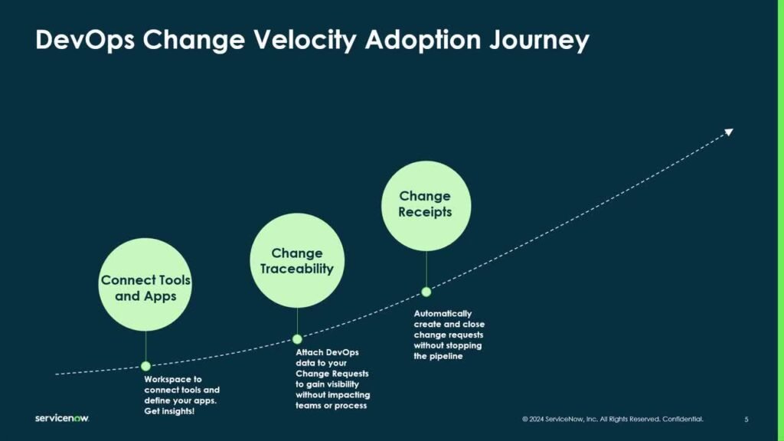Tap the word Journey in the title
[x=540, y=40]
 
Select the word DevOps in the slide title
[x=85, y=40]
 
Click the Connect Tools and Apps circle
[x=145, y=285]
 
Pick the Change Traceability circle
[x=297, y=260]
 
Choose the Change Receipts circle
[x=426, y=205]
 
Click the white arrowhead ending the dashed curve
[x=729, y=132]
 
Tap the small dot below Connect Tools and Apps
[x=145, y=366]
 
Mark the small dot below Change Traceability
[x=297, y=339]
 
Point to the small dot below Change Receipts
[x=426, y=292]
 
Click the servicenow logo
[x=62, y=418]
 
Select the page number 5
[x=746, y=420]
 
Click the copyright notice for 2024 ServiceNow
[x=612, y=419]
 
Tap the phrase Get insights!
[x=169, y=411]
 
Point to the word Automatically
[x=443, y=313]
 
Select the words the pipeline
[x=438, y=356]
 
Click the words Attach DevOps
[x=327, y=352]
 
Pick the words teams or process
[x=331, y=406]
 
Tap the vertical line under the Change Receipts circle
[x=426, y=269]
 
